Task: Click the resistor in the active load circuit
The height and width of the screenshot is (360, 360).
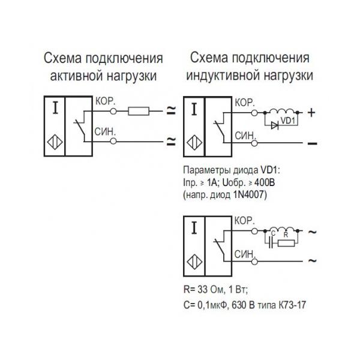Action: point(139,110)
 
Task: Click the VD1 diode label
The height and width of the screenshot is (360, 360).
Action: point(289,122)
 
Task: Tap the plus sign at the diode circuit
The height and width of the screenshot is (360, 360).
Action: point(311,111)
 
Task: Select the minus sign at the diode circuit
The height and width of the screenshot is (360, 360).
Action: point(311,143)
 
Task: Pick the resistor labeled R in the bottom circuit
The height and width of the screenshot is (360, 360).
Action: point(287,242)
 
